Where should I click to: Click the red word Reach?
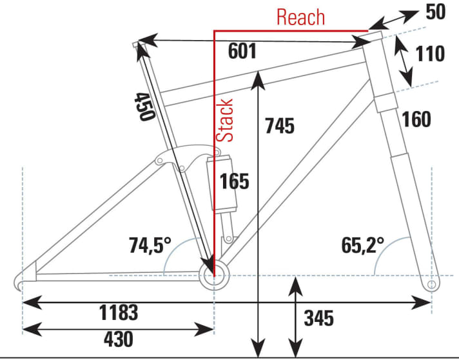300,17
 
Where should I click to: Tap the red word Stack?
224,121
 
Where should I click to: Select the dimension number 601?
242,51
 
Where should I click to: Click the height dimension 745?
280,126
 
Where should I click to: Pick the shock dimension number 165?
235,181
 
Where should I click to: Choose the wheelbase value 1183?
119,312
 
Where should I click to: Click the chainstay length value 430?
119,339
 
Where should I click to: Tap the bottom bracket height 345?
318,318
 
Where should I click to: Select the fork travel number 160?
416,119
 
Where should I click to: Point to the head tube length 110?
430,54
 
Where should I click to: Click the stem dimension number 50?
436,12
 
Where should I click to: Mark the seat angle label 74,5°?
150,245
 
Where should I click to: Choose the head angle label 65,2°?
363,245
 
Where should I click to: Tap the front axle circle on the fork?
431,285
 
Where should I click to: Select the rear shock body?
222,184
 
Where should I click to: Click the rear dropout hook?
18,282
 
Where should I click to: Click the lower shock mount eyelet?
229,239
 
